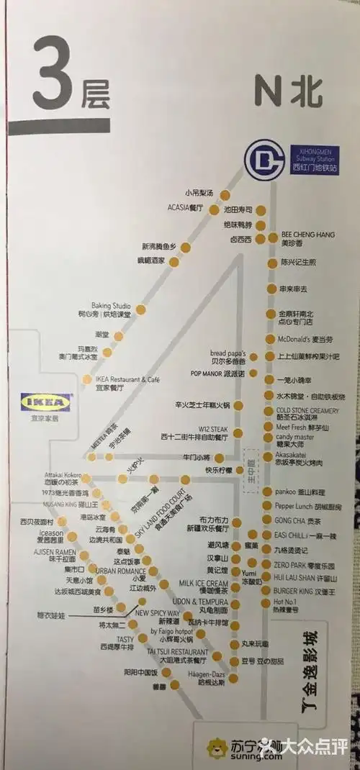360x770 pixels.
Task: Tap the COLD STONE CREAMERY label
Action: (307, 410)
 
